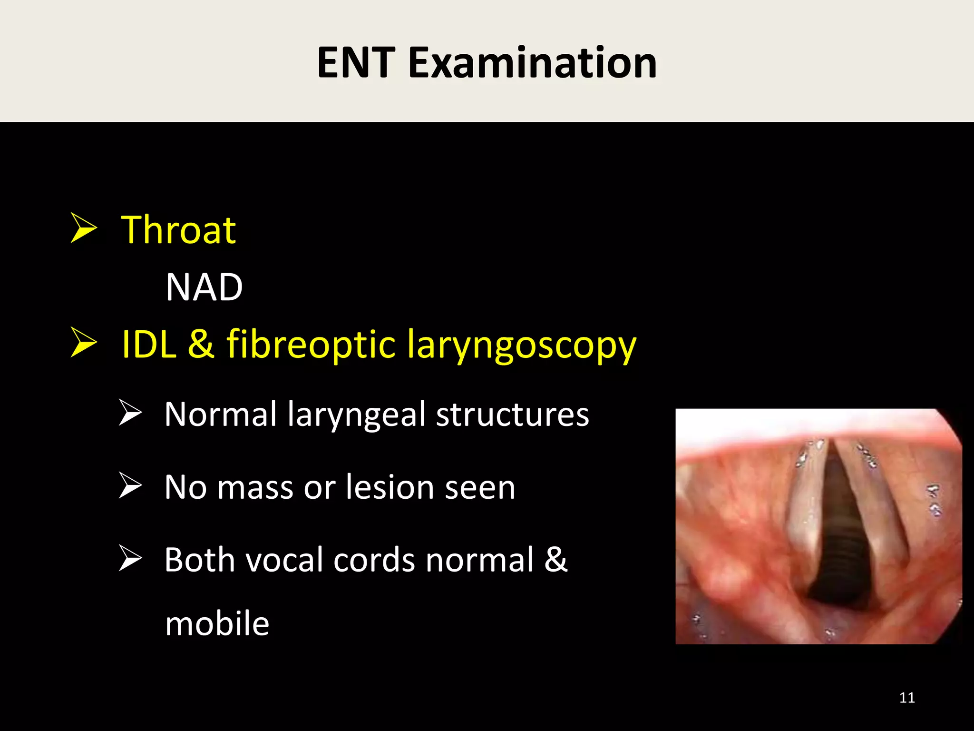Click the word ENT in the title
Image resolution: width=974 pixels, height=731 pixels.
[x=356, y=63]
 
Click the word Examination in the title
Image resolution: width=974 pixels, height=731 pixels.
[x=532, y=63]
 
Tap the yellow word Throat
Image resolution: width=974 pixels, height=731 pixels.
[x=178, y=230]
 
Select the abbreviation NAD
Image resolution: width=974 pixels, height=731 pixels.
[x=204, y=287]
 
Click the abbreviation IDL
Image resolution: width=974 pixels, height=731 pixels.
[x=149, y=345]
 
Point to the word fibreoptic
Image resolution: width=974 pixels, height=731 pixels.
[x=311, y=345]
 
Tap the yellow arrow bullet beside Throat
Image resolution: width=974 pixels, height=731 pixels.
[x=84, y=228]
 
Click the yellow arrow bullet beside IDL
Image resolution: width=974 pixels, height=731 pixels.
[x=84, y=342]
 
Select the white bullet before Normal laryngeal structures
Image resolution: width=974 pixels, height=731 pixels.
[x=130, y=413]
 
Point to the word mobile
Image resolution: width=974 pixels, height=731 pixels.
[x=217, y=624]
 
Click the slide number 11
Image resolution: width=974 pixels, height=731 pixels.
[x=907, y=698]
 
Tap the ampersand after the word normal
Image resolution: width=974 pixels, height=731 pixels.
[x=556, y=560]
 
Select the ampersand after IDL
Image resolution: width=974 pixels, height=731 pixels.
[x=201, y=344]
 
